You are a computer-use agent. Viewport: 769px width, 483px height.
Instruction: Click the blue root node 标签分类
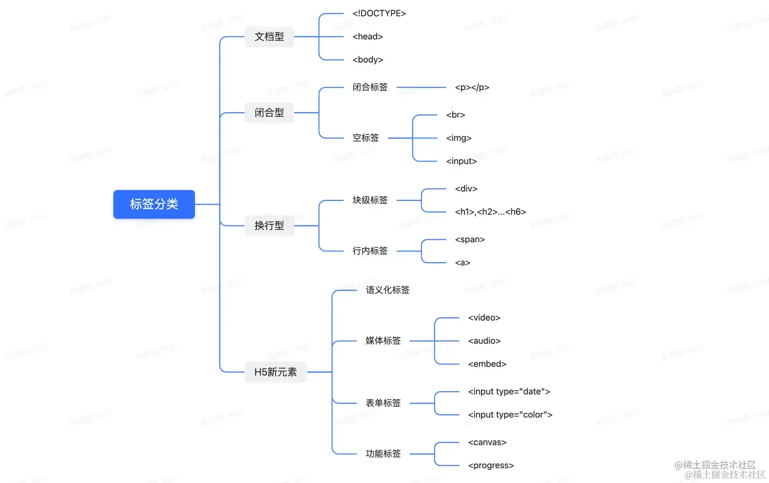(154, 204)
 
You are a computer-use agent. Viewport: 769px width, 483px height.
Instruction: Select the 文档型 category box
(269, 37)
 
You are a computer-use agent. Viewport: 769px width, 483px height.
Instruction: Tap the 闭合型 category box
(269, 112)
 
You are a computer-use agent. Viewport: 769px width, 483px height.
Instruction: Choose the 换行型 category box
(269, 225)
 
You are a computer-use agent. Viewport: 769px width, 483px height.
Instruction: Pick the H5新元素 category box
(275, 372)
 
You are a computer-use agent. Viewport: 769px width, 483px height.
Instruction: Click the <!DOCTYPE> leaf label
(379, 13)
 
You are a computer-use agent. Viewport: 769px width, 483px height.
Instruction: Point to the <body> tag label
(368, 60)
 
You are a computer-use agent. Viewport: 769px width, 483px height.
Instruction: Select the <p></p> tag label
(472, 87)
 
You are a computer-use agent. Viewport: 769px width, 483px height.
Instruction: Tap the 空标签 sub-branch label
(366, 138)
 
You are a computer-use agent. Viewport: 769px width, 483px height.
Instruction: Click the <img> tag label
(459, 138)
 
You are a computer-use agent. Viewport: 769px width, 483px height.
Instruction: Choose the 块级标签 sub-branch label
(370, 200)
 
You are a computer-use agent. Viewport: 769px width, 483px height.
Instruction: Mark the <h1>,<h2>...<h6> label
(490, 212)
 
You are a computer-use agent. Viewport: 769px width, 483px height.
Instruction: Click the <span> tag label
(470, 239)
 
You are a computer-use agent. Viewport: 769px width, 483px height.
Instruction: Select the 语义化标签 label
(388, 290)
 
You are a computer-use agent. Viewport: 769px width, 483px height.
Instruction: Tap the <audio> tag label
(484, 341)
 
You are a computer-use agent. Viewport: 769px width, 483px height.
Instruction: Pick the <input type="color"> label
(510, 415)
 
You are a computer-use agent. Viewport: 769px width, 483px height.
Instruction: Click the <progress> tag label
(491, 465)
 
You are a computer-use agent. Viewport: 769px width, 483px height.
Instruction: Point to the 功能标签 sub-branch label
(383, 453)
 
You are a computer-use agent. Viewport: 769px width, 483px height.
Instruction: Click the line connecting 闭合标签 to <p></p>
(421, 88)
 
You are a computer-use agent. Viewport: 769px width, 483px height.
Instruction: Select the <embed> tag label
(487, 364)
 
